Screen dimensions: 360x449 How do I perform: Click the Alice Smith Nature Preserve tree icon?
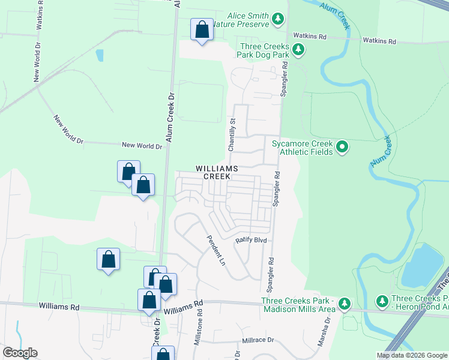click(278, 19)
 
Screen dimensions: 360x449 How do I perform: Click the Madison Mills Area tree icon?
click(344, 304)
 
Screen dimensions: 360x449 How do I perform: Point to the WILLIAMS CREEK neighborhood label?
click(216, 173)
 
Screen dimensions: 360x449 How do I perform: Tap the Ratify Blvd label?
click(250, 239)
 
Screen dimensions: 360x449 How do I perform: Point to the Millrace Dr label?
click(258, 340)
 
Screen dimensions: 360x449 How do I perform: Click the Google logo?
click(19, 353)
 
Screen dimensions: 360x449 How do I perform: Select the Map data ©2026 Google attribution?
click(411, 355)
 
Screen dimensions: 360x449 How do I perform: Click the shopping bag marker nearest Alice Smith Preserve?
click(202, 29)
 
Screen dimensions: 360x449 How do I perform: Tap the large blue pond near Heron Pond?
click(423, 266)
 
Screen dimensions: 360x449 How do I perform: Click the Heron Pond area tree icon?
click(381, 299)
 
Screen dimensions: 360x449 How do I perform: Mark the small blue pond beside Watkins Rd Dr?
click(99, 55)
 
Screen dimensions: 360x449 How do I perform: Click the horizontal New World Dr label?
click(142, 146)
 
